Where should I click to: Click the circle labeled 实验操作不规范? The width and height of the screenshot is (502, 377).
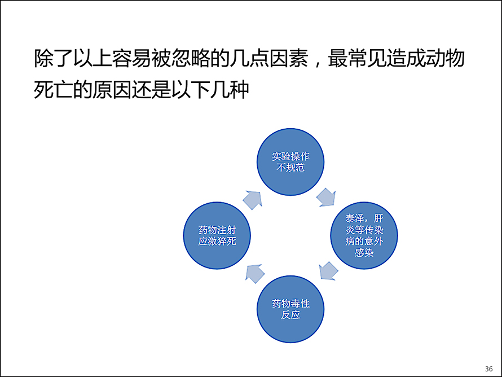click(x=290, y=162)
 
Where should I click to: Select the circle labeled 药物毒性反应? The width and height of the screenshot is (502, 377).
click(x=290, y=309)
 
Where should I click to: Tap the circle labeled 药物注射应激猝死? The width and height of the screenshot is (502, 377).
click(x=217, y=235)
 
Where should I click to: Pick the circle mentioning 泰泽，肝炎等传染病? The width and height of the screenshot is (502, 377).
click(x=364, y=235)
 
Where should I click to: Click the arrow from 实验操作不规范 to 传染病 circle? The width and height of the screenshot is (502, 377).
click(x=326, y=198)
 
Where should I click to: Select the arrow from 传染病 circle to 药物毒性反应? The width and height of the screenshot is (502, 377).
click(x=328, y=271)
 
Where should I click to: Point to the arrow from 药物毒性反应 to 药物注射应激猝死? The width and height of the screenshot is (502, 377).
click(x=255, y=274)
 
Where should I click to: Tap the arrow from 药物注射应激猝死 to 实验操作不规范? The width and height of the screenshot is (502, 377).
click(x=253, y=200)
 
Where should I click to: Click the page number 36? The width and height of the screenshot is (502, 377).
click(x=489, y=369)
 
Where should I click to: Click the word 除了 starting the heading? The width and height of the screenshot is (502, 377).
click(x=54, y=58)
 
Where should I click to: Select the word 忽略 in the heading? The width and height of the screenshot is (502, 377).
click(x=191, y=58)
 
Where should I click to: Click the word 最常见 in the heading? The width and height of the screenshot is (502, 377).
click(x=357, y=58)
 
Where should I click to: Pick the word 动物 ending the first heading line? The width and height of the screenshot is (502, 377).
click(x=445, y=58)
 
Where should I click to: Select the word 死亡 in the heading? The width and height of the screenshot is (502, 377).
click(x=54, y=90)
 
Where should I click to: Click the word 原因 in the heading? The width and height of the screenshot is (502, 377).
click(x=112, y=90)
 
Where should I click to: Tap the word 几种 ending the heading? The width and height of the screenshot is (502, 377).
click(x=230, y=90)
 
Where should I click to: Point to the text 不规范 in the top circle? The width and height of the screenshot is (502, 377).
click(x=290, y=168)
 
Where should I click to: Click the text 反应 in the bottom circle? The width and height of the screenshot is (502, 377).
click(x=290, y=315)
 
